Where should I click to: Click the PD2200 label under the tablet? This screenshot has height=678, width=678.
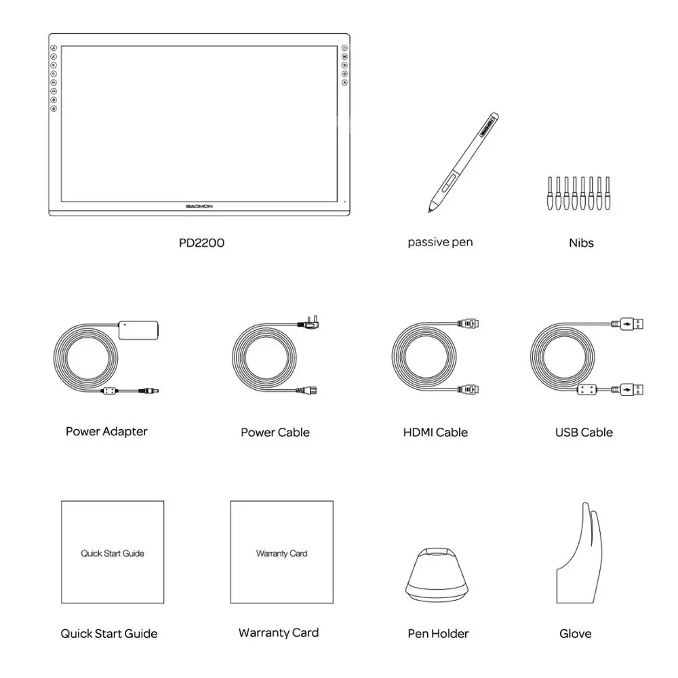click(201, 242)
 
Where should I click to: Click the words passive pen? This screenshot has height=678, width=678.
click(440, 242)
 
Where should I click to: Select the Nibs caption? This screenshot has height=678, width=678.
click(581, 242)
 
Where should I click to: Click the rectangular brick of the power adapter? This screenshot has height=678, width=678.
click(138, 330)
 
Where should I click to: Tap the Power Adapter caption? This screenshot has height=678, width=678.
click(106, 431)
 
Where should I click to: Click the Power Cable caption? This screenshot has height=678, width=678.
click(275, 432)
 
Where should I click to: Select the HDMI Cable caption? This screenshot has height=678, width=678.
click(435, 432)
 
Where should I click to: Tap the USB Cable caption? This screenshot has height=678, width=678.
click(584, 432)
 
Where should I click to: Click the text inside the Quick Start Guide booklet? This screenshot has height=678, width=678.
click(113, 553)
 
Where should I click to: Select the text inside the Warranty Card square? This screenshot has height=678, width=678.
click(281, 553)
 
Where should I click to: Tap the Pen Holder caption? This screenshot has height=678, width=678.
click(438, 634)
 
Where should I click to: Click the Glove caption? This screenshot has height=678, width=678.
click(575, 634)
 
